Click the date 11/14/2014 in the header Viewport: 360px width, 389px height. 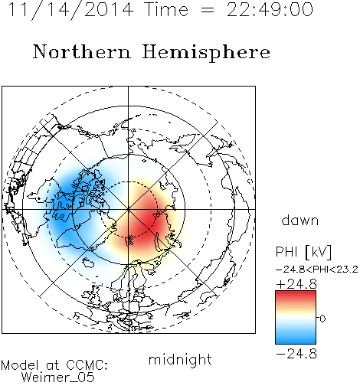tap(71, 10)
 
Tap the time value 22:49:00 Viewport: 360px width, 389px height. tap(270, 10)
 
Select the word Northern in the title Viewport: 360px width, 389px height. tap(82, 52)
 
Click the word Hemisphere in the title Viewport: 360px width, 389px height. tap(206, 53)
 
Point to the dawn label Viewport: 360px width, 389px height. tap(300, 221)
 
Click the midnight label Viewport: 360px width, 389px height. tap(180, 360)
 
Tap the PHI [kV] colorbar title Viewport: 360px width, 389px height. tap(303, 252)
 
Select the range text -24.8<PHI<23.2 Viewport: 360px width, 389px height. tap(317, 270)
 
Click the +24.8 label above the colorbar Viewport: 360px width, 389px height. tap(296, 284)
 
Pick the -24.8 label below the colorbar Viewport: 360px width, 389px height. tap(296, 354)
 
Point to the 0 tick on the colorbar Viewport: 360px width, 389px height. tap(322, 319)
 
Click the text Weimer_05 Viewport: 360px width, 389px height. tap(58, 378)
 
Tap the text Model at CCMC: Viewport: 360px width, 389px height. tap(54, 365)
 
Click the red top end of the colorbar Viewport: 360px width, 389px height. tap(296, 293)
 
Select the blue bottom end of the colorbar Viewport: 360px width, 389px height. tap(296, 342)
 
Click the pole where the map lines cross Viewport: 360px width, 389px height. tap(128, 209)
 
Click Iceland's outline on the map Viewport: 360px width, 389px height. tap(88, 262)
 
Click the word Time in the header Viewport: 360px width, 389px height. tap(166, 10)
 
